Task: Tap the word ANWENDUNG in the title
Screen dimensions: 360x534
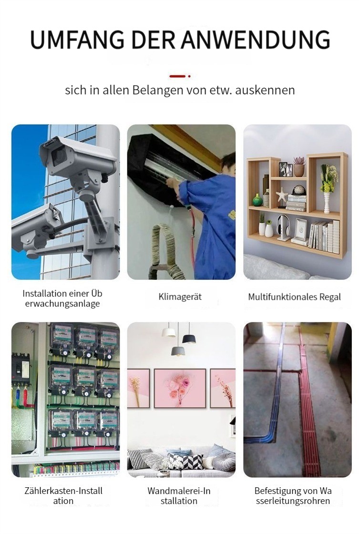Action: [x=256, y=40]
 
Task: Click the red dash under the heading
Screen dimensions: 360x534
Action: [x=177, y=76]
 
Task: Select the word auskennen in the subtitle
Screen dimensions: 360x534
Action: [x=265, y=90]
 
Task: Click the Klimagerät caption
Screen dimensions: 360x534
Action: [x=180, y=297]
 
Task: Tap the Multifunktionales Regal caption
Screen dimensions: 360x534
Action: [x=294, y=297]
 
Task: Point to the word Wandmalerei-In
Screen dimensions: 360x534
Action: [x=179, y=491]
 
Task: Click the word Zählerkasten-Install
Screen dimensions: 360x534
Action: [x=63, y=491]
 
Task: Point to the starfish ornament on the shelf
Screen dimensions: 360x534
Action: [x=282, y=196]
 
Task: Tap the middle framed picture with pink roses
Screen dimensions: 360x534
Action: [x=180, y=388]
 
